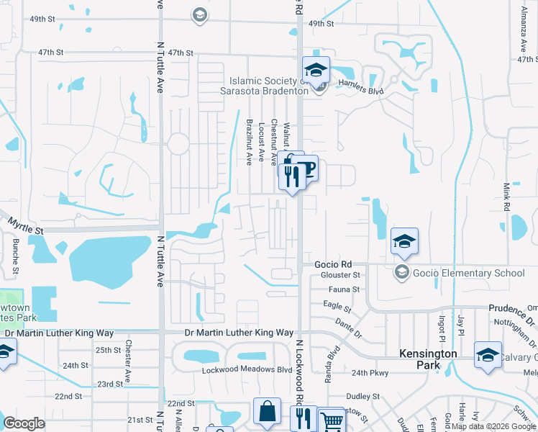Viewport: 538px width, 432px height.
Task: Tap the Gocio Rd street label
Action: [332, 264]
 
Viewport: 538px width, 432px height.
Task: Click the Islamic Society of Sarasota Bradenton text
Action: [269, 86]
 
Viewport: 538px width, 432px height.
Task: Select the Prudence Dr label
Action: [512, 308]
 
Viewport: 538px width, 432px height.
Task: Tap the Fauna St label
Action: [344, 289]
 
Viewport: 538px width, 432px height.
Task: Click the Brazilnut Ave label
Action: [250, 142]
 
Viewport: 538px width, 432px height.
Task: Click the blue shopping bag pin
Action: [267, 413]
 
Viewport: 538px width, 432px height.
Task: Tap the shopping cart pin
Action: [332, 421]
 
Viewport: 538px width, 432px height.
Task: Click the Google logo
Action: [24, 423]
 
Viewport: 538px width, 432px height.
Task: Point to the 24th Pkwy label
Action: [371, 372]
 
